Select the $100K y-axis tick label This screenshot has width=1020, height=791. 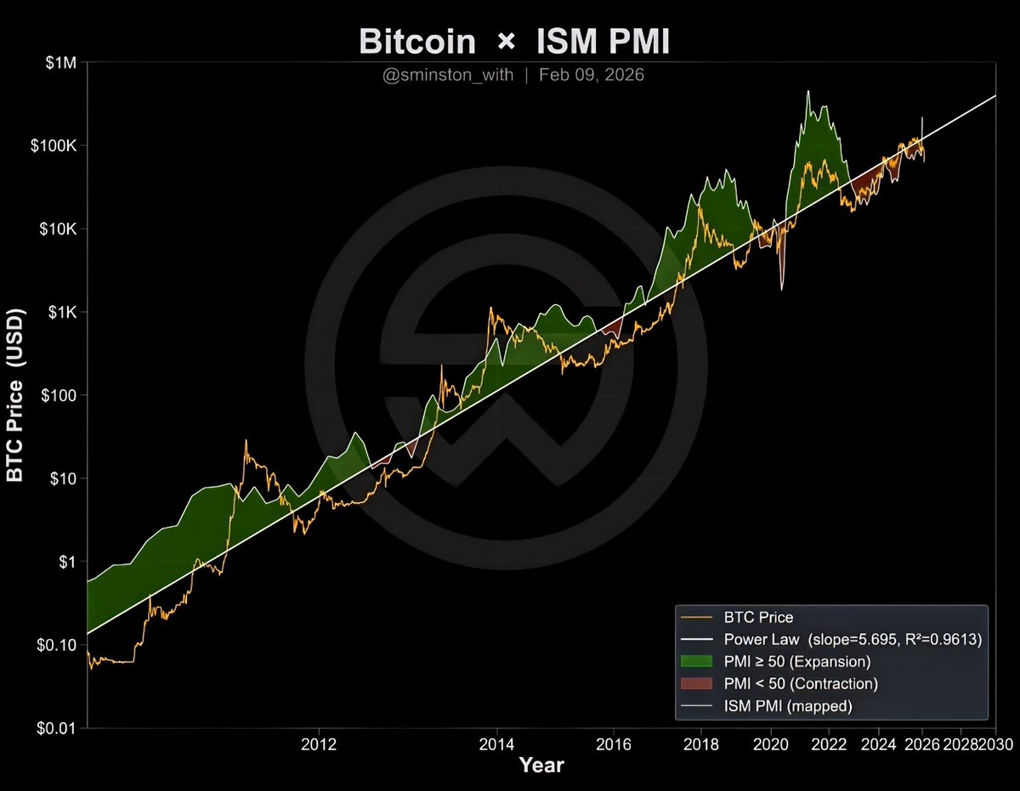tap(54, 146)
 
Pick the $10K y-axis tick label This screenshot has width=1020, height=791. tap(57, 229)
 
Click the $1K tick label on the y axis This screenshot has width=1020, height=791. tap(61, 313)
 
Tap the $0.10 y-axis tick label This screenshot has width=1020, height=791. tap(57, 645)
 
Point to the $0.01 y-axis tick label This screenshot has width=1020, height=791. tap(57, 728)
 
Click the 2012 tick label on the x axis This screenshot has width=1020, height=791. tap(320, 745)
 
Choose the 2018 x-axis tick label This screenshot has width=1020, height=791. tap(700, 745)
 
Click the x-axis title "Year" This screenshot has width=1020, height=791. tap(541, 766)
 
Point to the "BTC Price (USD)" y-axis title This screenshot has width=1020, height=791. tap(16, 396)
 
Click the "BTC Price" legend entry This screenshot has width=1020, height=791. tap(758, 618)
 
